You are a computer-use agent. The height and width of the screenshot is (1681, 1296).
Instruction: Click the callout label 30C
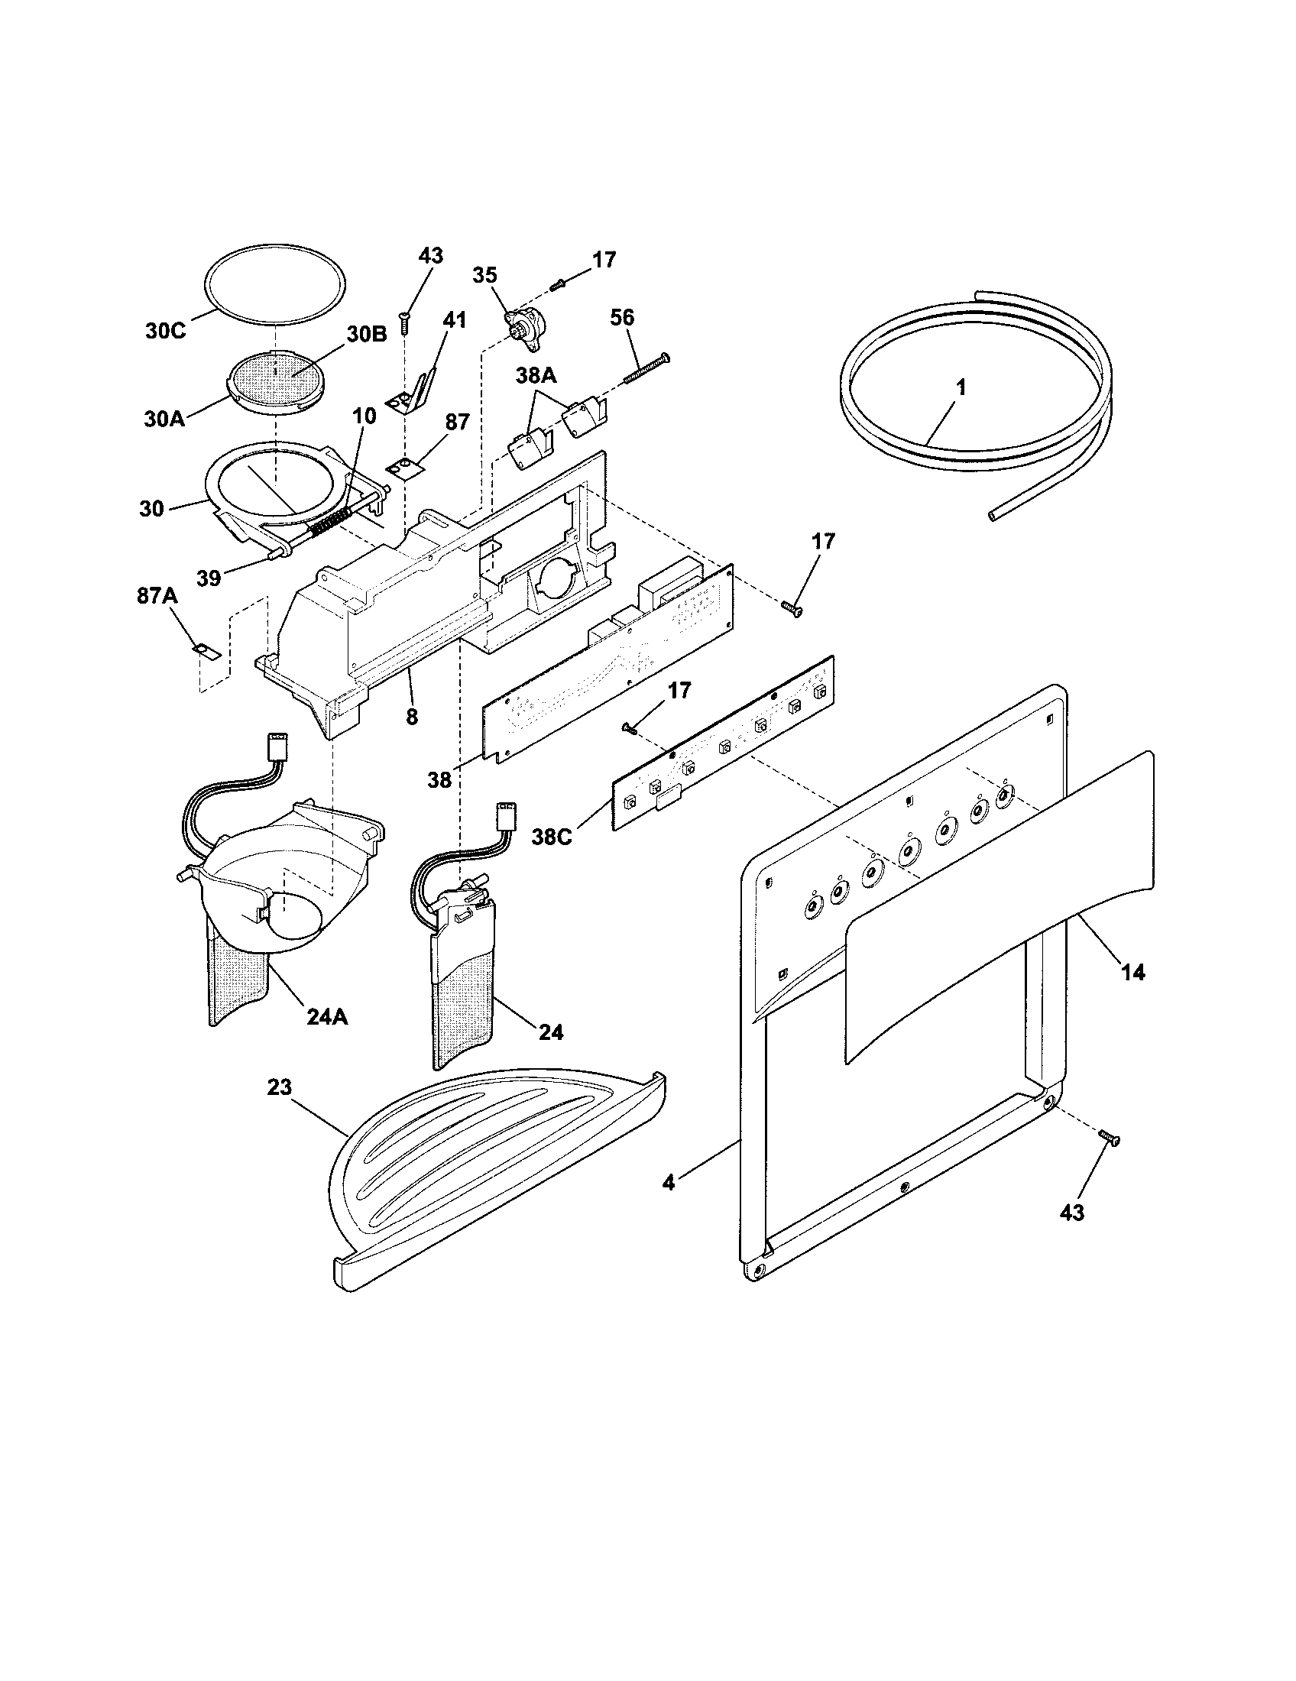point(166,332)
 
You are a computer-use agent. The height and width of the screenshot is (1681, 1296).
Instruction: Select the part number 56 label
point(622,317)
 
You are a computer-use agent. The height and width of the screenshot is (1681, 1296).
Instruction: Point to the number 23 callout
point(280,1087)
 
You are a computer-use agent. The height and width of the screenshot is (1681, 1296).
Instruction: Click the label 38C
point(551,837)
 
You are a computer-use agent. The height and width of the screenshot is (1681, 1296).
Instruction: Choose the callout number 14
point(1132,972)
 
